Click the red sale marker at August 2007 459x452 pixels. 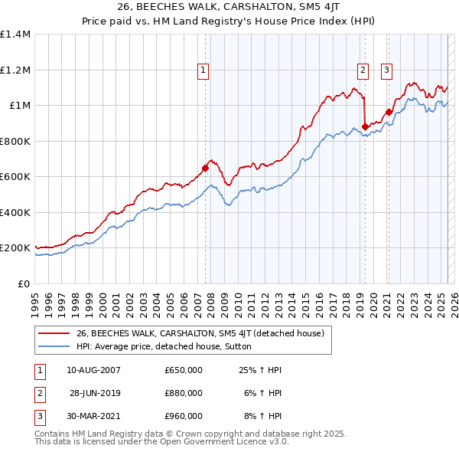tap(205, 168)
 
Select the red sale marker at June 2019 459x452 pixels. tap(365, 126)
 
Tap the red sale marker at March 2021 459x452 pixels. tap(389, 113)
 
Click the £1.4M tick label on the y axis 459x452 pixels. tap(15, 34)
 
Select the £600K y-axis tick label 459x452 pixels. tap(15, 177)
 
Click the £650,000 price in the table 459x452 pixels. tap(184, 370)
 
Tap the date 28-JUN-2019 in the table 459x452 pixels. tap(94, 393)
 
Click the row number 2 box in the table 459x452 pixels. tap(39, 393)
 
